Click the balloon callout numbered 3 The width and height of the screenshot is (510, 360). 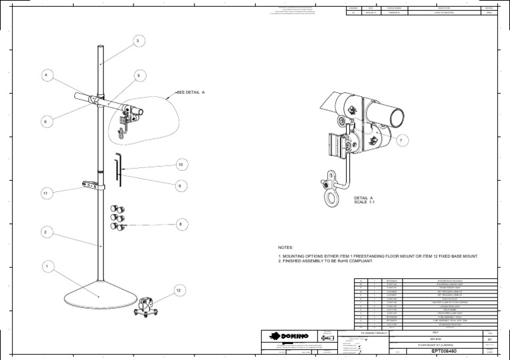tap(137, 42)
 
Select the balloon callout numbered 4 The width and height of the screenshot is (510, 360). tap(46, 75)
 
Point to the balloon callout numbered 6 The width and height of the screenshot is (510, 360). tap(46, 122)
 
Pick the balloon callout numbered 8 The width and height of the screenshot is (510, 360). tap(179, 225)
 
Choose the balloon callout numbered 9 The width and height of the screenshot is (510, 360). tap(179, 187)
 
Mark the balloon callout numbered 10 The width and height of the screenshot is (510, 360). tap(179, 164)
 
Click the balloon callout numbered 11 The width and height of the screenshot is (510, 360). tap(46, 193)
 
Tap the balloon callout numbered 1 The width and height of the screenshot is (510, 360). tap(46, 266)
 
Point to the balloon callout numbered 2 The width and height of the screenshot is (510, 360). tap(46, 232)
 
